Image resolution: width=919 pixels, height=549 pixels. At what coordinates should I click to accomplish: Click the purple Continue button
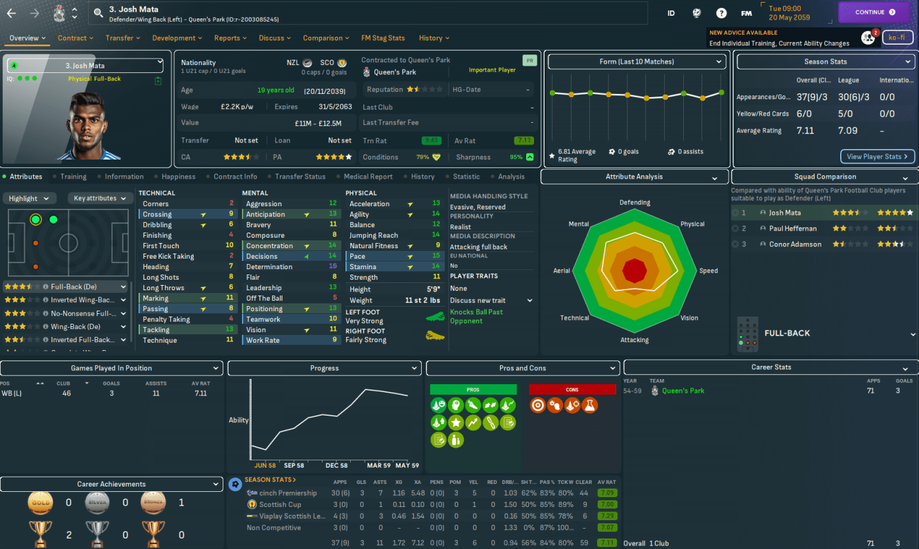point(875,12)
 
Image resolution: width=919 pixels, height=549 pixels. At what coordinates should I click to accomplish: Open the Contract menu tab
point(75,38)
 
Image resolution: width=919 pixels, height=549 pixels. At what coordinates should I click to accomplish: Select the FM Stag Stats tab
point(383,38)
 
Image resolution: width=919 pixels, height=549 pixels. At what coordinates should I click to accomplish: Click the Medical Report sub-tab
point(368,177)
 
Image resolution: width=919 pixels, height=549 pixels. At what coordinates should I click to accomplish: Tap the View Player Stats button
point(878,156)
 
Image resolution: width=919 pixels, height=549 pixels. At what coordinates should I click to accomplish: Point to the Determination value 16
point(333,267)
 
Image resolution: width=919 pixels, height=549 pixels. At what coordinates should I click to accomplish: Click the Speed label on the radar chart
point(709,271)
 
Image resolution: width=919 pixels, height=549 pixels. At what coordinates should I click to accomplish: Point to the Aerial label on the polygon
point(562,271)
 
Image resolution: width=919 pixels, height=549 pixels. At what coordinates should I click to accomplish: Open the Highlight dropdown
point(29,198)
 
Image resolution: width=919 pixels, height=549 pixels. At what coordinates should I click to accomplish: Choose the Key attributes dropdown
point(100,198)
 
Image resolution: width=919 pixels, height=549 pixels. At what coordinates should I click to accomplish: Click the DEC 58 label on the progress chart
point(336,466)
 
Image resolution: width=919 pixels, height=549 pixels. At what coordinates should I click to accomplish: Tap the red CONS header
point(572,390)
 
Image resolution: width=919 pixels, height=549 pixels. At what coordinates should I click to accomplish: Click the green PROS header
point(473,390)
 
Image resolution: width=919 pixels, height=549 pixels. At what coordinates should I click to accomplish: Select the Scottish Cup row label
point(280,504)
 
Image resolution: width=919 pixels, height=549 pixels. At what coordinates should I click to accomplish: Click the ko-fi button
point(897,37)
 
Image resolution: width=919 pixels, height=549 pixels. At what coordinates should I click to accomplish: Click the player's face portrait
point(87,125)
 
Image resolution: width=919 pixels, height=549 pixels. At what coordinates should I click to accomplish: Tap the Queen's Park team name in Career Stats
point(683,391)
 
